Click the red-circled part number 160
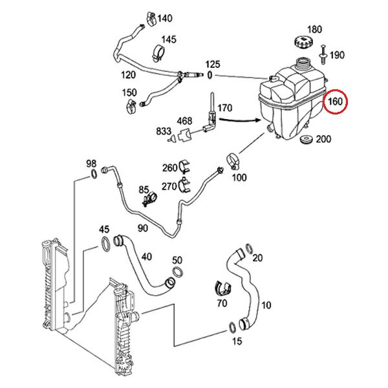(x=336, y=102)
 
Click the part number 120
(x=128, y=75)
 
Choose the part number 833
(x=164, y=130)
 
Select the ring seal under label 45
(x=103, y=244)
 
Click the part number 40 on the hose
(x=146, y=257)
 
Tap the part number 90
(x=142, y=228)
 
